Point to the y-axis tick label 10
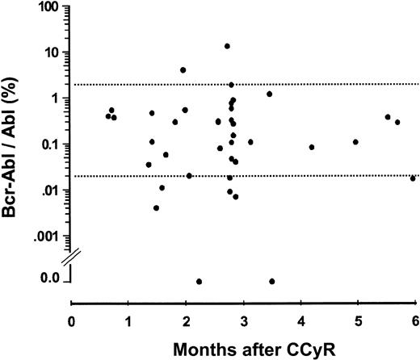[x=55, y=52]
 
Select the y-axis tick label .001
[x=49, y=236]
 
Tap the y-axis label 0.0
[x=51, y=278]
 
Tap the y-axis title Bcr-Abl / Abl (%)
[x=15, y=145]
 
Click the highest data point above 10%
[x=227, y=46]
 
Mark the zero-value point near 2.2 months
[x=199, y=281]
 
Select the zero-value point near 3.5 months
[x=271, y=281]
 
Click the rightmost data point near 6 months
[x=413, y=178]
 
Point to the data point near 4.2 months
[x=312, y=147]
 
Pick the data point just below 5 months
[x=355, y=142]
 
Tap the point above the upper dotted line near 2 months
[x=183, y=70]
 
